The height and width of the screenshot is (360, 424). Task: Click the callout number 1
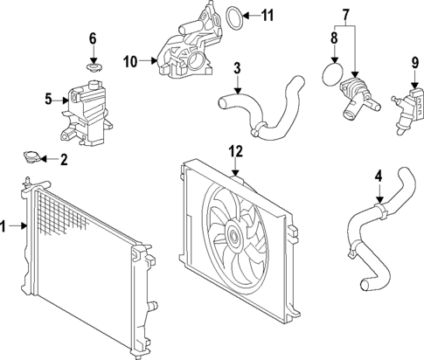tap(5, 227)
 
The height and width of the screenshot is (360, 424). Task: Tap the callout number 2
tap(63, 160)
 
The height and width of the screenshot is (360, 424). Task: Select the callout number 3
tap(236, 67)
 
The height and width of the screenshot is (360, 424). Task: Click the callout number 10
tap(131, 61)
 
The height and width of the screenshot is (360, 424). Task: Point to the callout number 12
tap(233, 151)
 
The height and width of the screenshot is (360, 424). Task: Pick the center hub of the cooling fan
tap(233, 234)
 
